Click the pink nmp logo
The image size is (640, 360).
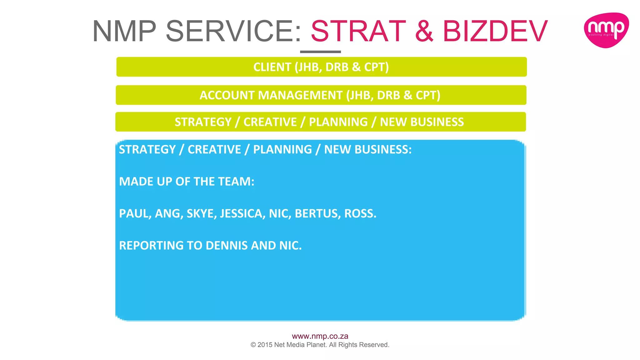pyautogui.click(x=606, y=30)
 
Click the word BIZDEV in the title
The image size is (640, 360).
pyautogui.click(x=495, y=31)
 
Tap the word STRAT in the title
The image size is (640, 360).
pyautogui.click(x=358, y=31)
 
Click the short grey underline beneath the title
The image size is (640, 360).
pyautogui.click(x=320, y=52)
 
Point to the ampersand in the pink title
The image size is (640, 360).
pyautogui.click(x=424, y=31)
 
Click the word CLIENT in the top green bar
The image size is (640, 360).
pyautogui.click(x=272, y=67)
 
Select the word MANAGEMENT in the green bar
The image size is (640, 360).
pyautogui.click(x=300, y=95)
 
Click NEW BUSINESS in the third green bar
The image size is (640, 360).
pyautogui.click(x=422, y=122)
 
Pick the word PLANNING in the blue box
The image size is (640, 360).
pyautogui.click(x=282, y=150)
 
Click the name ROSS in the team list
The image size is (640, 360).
pyautogui.click(x=360, y=214)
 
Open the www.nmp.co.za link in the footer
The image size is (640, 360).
pyautogui.click(x=320, y=336)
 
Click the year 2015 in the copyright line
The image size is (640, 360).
pyautogui.click(x=265, y=345)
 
